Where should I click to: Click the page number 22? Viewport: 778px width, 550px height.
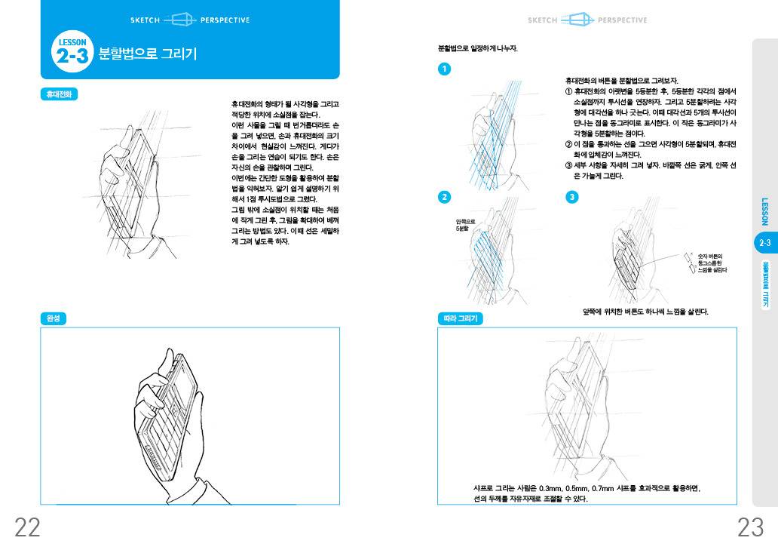[x=27, y=527]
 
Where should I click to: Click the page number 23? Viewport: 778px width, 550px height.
[x=750, y=527]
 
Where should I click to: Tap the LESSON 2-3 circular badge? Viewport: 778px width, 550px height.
[x=72, y=52]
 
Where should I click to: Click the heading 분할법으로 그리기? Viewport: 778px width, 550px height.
[x=148, y=54]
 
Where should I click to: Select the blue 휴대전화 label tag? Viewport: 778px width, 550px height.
[x=59, y=95]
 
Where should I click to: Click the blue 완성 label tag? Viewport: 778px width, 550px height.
[x=54, y=318]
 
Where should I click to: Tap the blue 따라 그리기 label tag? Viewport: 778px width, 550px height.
[x=459, y=318]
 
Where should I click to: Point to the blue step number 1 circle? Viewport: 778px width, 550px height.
[x=445, y=69]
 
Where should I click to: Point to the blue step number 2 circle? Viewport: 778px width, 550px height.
[x=445, y=197]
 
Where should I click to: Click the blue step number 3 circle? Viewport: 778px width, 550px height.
[x=571, y=197]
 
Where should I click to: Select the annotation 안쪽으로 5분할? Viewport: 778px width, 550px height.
[x=465, y=224]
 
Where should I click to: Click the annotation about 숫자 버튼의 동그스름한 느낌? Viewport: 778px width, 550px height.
[x=712, y=263]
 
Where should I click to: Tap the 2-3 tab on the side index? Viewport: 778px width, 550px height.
[x=764, y=242]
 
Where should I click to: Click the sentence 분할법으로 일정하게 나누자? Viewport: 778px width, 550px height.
[x=477, y=48]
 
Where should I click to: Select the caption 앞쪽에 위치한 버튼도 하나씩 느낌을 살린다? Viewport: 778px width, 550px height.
[x=645, y=312]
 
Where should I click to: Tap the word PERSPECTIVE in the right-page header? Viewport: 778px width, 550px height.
[x=622, y=20]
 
